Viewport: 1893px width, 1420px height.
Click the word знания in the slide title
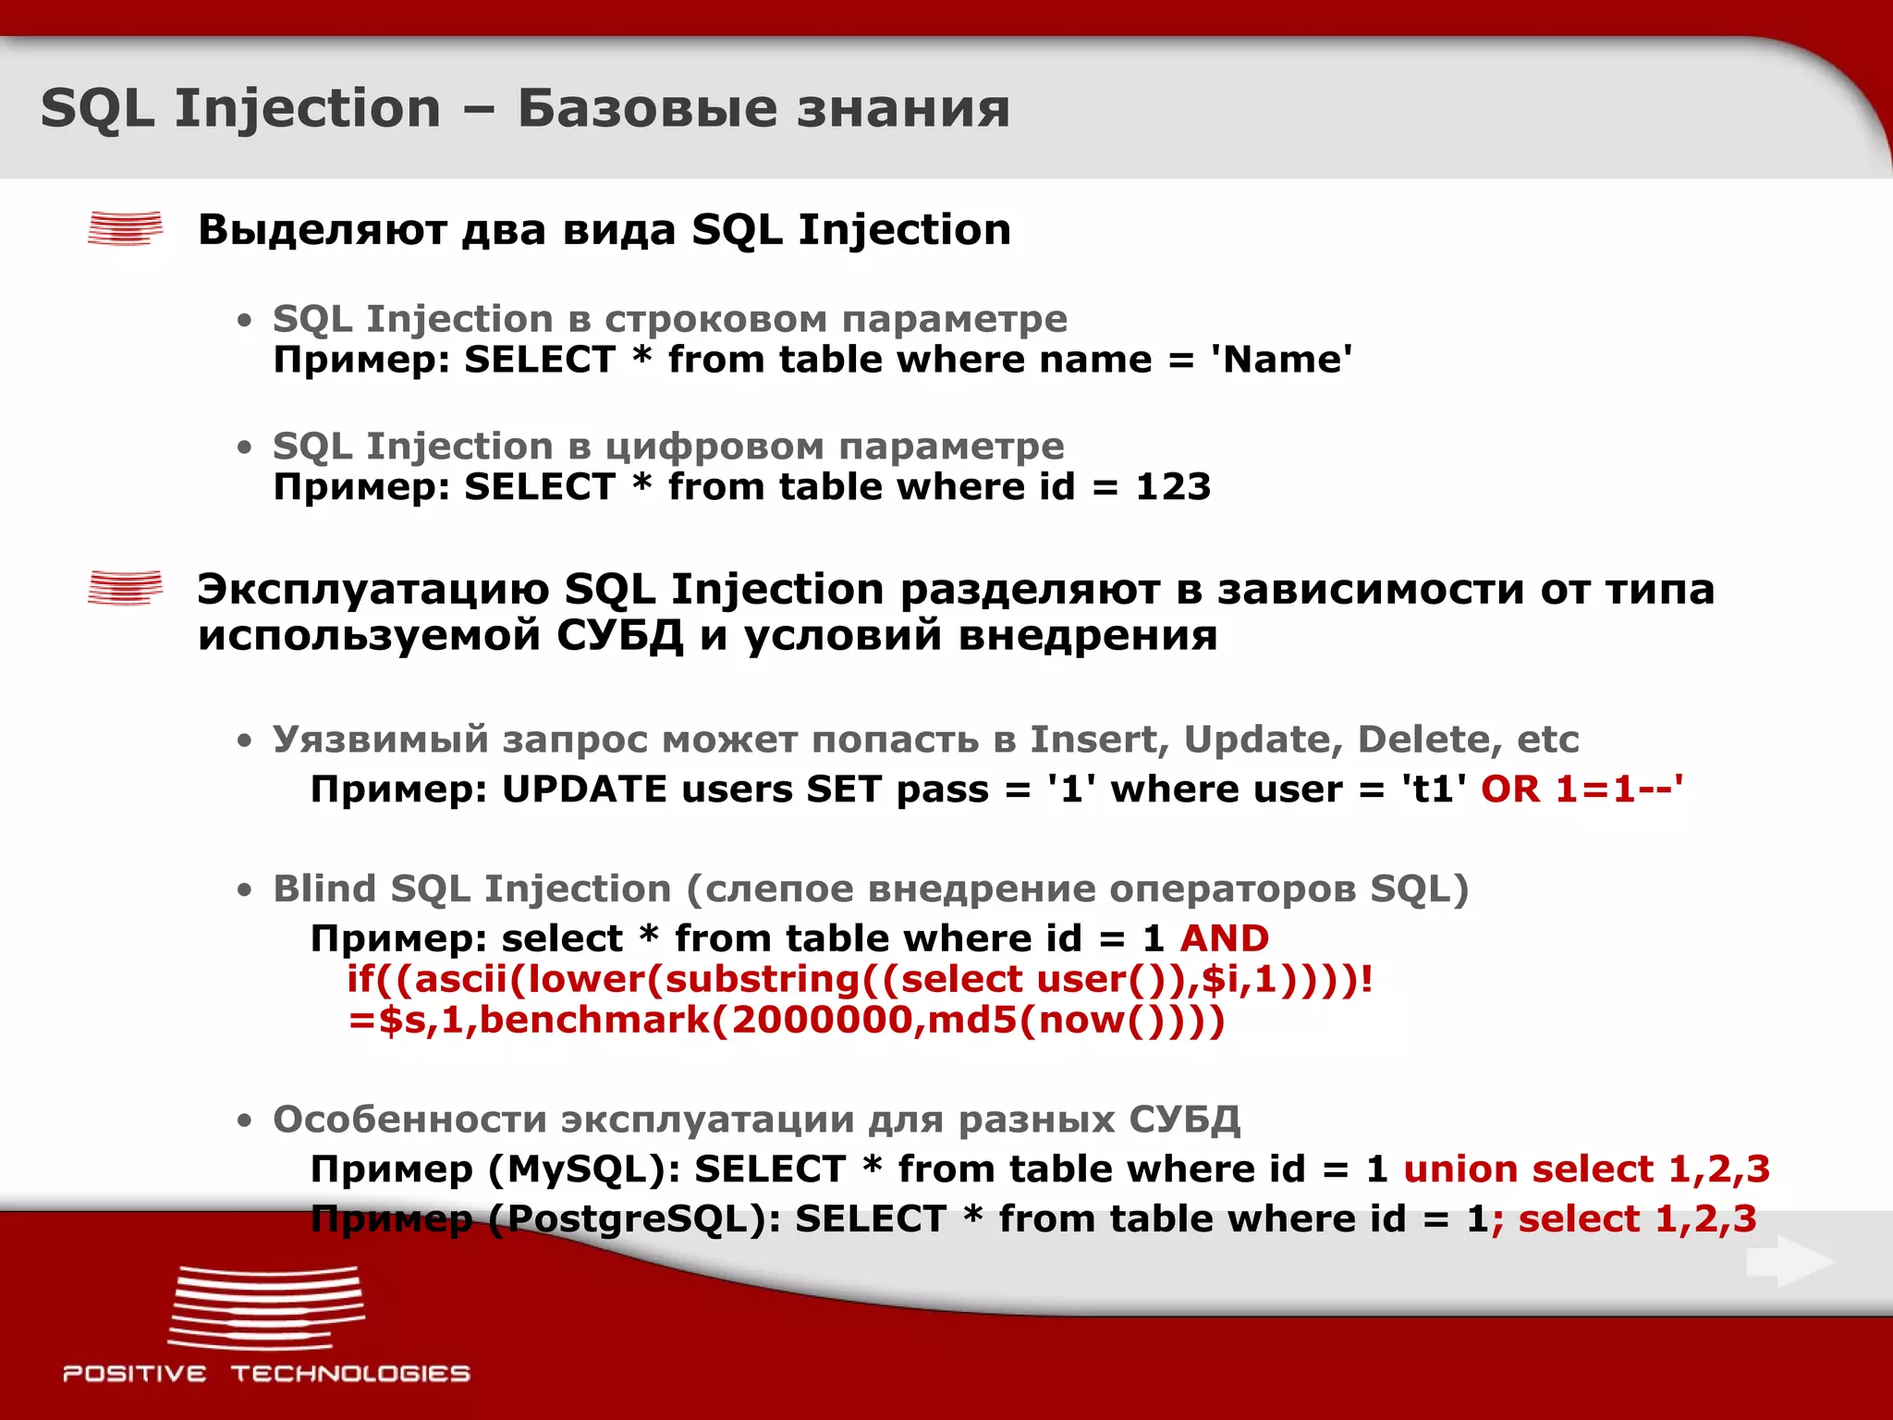(903, 109)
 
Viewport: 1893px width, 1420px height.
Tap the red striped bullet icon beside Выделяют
(125, 228)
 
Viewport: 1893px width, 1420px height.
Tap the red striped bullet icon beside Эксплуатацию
(125, 587)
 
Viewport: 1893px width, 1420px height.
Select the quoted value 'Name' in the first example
(1281, 360)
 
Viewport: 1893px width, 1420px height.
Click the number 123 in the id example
(1172, 487)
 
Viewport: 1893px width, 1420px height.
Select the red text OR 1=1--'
(1582, 790)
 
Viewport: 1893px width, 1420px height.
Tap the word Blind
(324, 889)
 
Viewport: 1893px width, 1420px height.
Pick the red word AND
(1224, 938)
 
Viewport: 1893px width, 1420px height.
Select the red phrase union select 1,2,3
(1586, 1169)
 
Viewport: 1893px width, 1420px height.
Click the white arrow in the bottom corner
(1789, 1263)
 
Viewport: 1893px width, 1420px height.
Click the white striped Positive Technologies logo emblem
(266, 1308)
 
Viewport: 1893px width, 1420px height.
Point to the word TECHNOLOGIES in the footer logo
(350, 1374)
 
